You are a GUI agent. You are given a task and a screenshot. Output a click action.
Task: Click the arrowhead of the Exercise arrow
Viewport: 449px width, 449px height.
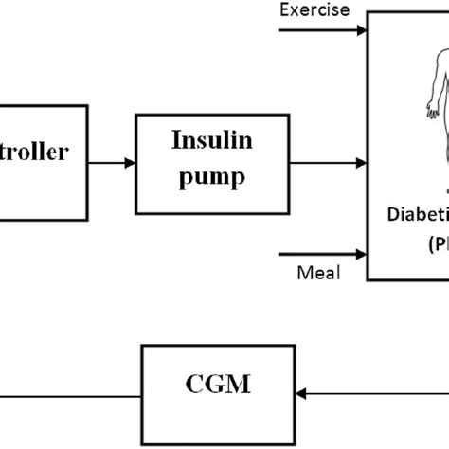tap(361, 30)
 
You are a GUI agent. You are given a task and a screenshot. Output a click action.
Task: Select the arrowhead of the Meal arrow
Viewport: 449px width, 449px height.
tap(361, 253)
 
